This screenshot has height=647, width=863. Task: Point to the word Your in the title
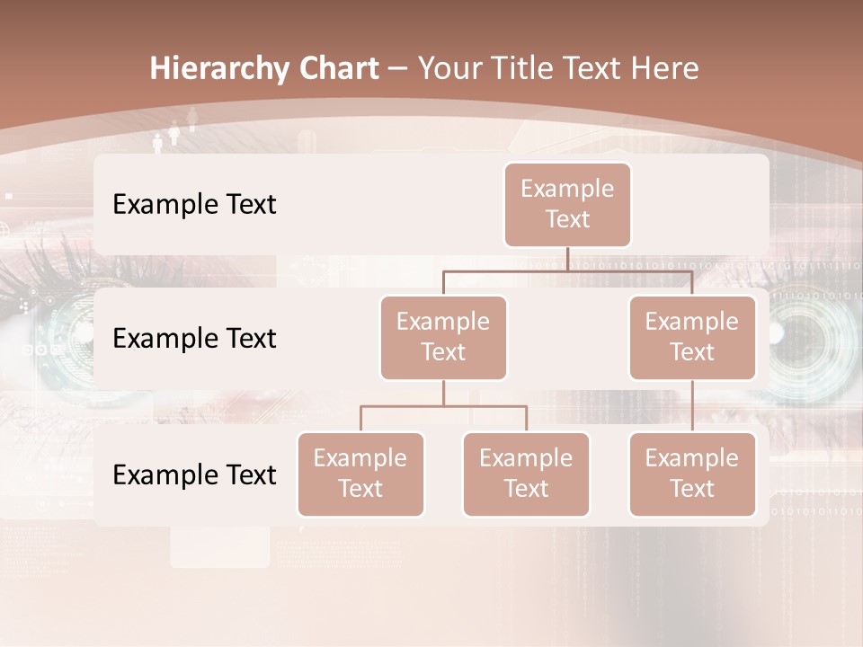pos(452,69)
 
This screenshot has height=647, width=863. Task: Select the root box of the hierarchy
pos(567,205)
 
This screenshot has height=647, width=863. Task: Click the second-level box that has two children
pos(443,338)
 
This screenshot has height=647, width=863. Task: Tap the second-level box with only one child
pos(692,338)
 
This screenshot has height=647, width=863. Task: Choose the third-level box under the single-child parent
pos(692,474)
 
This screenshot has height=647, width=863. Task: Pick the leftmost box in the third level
pos(360,474)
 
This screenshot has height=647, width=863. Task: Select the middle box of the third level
pos(526,474)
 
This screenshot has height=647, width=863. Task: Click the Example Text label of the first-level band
pos(194,205)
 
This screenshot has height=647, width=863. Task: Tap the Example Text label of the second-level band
pos(194,339)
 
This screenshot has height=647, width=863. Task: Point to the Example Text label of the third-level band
pos(194,475)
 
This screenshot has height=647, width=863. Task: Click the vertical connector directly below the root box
pos(567,259)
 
